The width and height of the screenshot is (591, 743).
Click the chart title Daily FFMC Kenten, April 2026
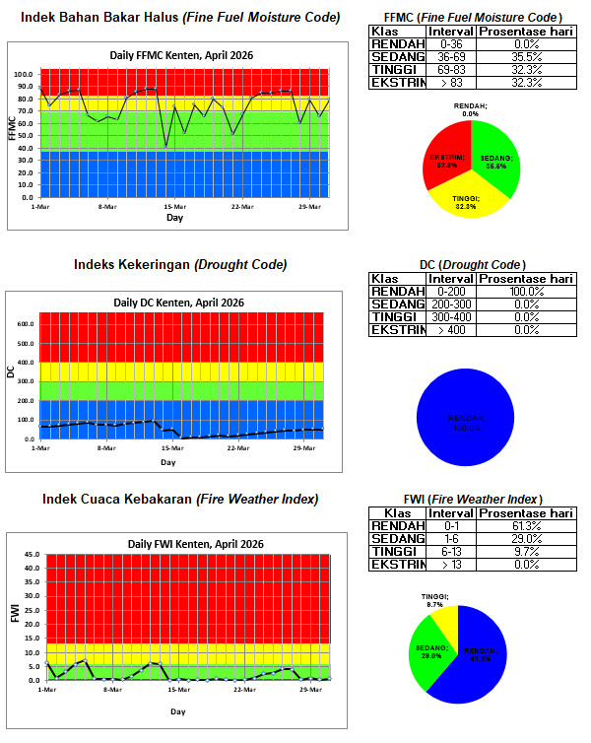point(182,56)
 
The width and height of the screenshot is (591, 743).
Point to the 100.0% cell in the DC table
point(525,292)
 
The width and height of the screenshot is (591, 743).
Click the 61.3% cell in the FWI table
point(525,525)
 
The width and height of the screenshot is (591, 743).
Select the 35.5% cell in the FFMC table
point(525,57)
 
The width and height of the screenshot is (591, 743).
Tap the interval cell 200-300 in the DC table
point(452,304)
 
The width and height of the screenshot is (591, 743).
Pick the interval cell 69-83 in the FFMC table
point(452,70)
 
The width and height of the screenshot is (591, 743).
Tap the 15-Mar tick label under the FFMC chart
point(174,206)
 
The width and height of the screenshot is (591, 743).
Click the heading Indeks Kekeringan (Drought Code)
point(180,264)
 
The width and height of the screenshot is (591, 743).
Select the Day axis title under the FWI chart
point(178,710)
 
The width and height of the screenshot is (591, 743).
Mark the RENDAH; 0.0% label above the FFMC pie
point(471,109)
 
